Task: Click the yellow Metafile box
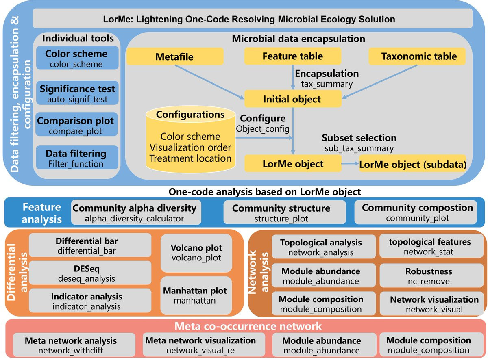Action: [175, 56]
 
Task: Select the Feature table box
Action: [293, 56]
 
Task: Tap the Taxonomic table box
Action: [417, 56]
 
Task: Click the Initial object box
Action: [293, 99]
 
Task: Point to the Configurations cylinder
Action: [191, 139]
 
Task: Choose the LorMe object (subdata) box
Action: [412, 164]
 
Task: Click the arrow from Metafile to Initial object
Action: [210, 82]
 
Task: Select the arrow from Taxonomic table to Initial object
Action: [379, 82]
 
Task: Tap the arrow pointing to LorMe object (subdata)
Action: [350, 163]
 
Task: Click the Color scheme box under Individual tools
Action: [77, 58]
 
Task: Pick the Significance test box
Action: [77, 93]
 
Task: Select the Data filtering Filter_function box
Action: [77, 158]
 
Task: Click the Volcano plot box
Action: [196, 253]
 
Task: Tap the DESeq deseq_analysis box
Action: [90, 273]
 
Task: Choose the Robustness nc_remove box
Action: [431, 275]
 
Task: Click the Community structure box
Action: [285, 212]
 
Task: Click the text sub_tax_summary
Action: [359, 148]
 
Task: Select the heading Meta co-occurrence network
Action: [248, 326]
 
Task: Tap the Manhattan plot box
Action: [196, 295]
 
